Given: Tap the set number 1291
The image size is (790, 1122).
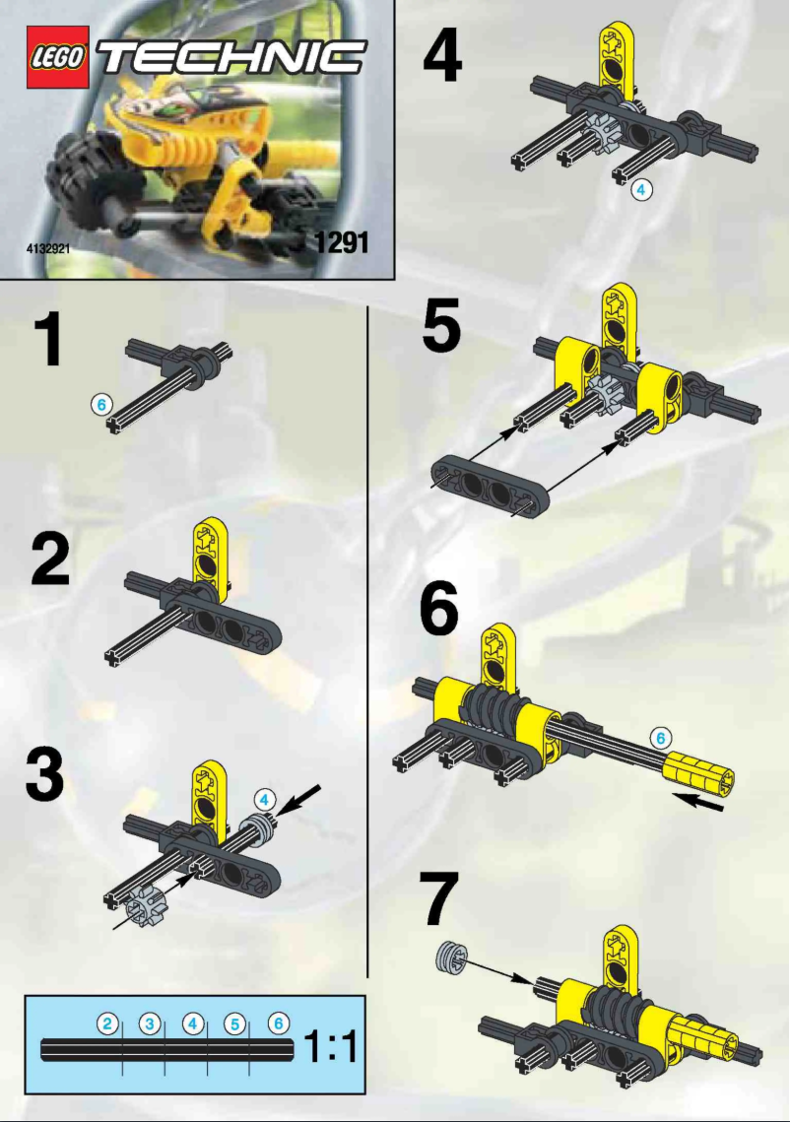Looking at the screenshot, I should pyautogui.click(x=341, y=239).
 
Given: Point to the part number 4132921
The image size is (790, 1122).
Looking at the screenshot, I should pyautogui.click(x=47, y=249).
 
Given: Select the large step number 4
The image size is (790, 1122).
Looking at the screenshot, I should pyautogui.click(x=442, y=56).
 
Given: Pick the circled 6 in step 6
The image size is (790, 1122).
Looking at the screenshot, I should pyautogui.click(x=661, y=736).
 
